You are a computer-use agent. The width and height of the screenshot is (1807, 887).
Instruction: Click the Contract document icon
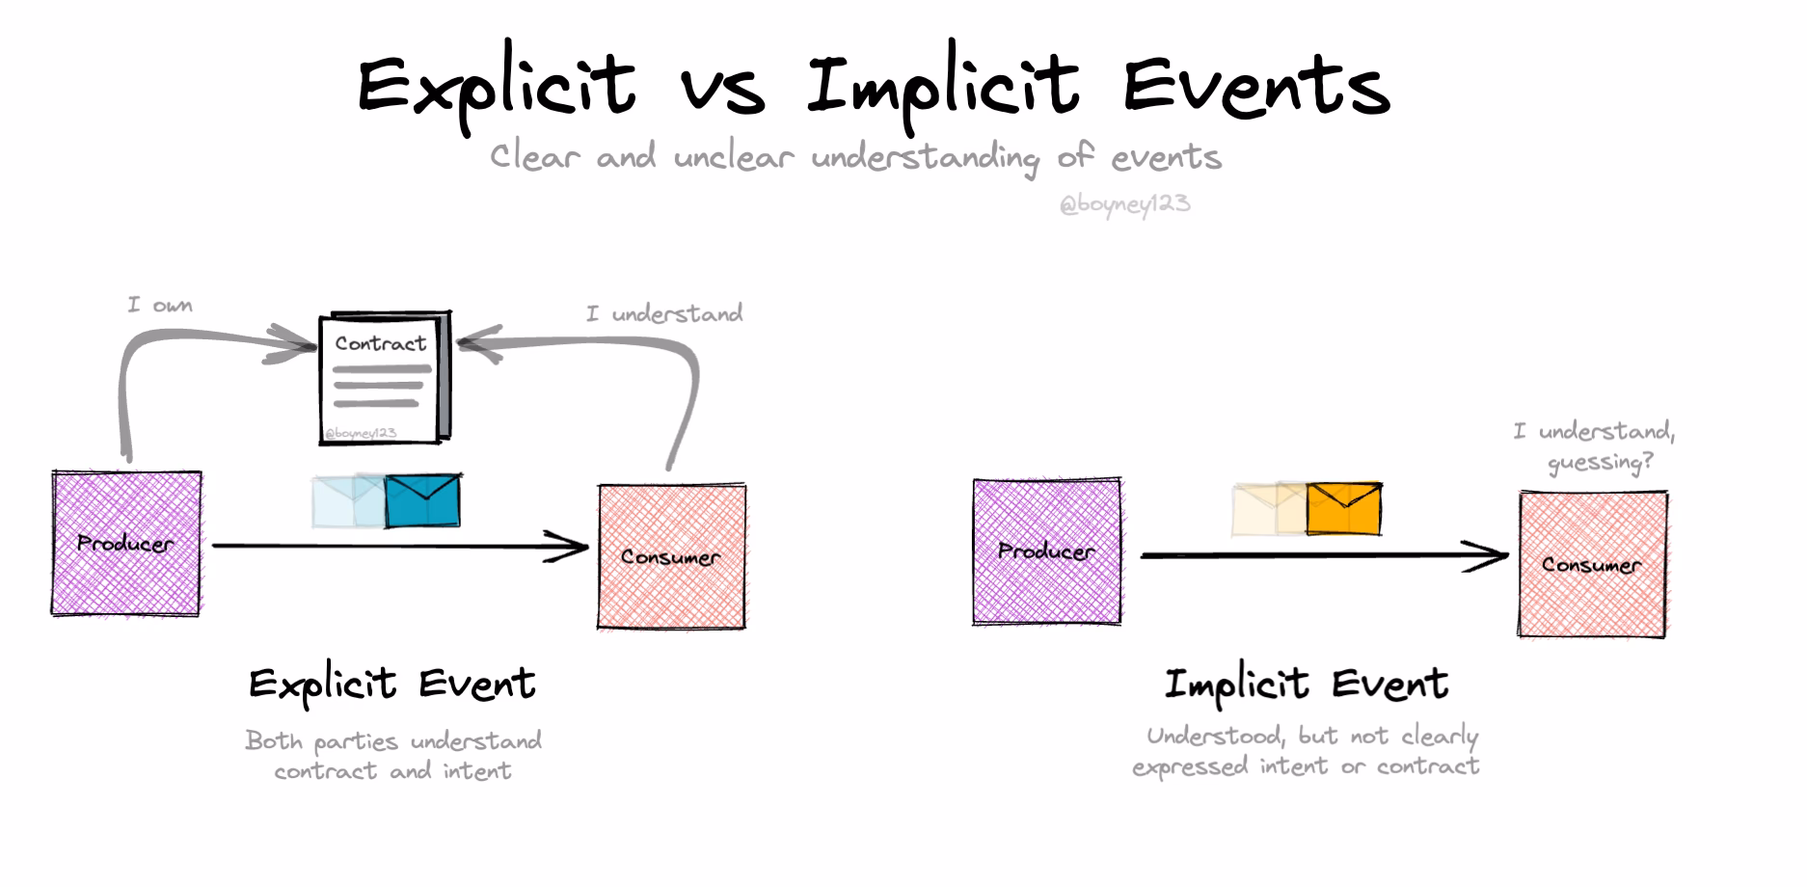pos(384,377)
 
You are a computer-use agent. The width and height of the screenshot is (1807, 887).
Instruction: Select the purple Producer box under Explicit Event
pos(126,544)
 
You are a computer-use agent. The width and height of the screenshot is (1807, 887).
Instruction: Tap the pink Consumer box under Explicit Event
pos(671,556)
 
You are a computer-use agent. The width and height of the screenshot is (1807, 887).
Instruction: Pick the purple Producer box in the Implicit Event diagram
pos(1047,551)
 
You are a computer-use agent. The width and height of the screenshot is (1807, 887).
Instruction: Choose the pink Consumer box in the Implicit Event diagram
pos(1592,564)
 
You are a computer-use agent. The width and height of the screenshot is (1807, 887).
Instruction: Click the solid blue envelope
pos(422,501)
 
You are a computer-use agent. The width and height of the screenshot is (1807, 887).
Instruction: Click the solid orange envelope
pos(1344,509)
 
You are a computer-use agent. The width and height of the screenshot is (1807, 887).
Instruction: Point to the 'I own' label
pos(160,306)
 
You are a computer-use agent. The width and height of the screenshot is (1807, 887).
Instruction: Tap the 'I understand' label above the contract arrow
pos(664,313)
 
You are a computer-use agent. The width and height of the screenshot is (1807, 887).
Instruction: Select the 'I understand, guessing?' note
pos(1596,446)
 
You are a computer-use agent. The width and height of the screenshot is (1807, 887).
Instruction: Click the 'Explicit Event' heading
pos(391,685)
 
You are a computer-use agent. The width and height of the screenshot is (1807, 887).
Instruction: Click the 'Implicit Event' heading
pos(1306,685)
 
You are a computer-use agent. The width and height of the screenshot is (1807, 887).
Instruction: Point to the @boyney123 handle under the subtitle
pos(1124,204)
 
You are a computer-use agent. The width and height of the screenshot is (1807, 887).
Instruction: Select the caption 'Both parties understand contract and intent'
pos(392,756)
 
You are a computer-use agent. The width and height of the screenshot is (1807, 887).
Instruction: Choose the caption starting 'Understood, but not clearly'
pos(1307,751)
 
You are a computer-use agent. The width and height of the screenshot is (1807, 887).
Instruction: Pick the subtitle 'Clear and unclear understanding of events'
pos(855,157)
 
